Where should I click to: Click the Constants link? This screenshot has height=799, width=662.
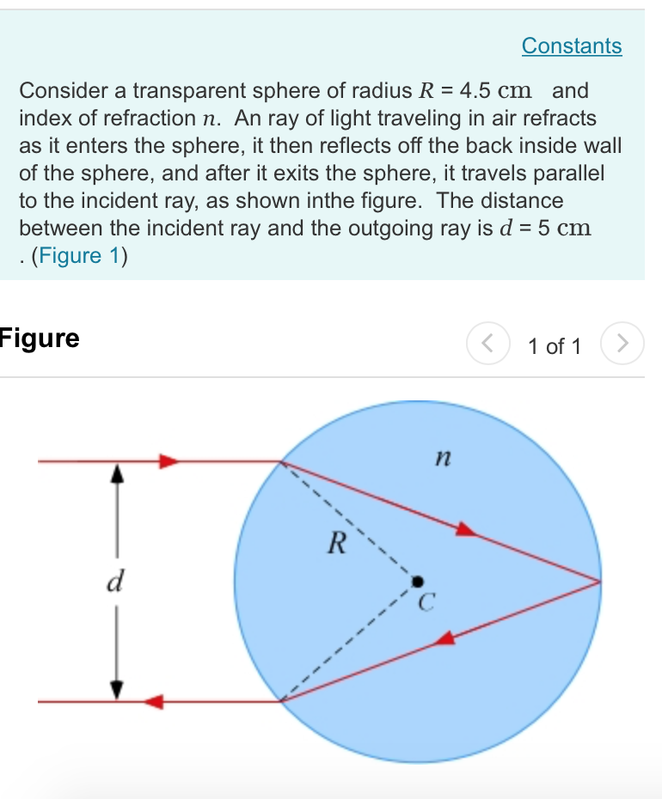pos(572,46)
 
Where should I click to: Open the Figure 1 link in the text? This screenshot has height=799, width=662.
pos(77,257)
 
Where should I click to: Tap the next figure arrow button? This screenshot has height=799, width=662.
pos(623,345)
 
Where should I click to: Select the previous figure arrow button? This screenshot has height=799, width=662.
pos(487,345)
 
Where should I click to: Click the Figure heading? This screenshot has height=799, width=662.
pos(40,338)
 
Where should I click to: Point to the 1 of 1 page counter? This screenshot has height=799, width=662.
pos(555,346)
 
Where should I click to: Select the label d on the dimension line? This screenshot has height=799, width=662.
pos(113,582)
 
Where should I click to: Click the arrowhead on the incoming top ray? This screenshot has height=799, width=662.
pos(169,461)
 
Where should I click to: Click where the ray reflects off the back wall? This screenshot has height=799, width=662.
pos(599,582)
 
